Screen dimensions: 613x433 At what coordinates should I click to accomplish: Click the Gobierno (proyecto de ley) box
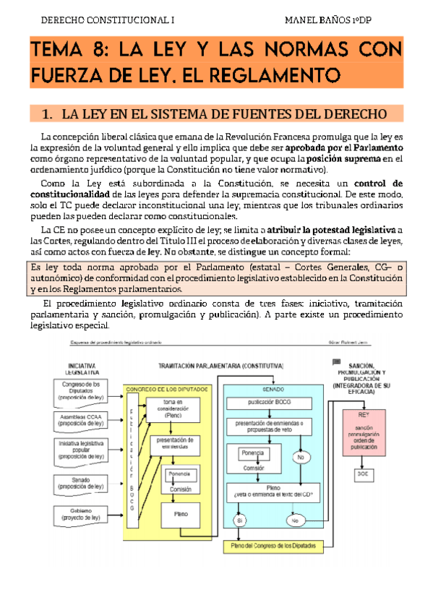click(x=85, y=516)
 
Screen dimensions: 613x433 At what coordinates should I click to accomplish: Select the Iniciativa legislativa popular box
click(x=85, y=449)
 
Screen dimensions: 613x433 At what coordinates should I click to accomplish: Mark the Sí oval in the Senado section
click(x=240, y=520)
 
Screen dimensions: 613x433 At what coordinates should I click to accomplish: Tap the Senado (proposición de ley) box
click(x=85, y=483)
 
